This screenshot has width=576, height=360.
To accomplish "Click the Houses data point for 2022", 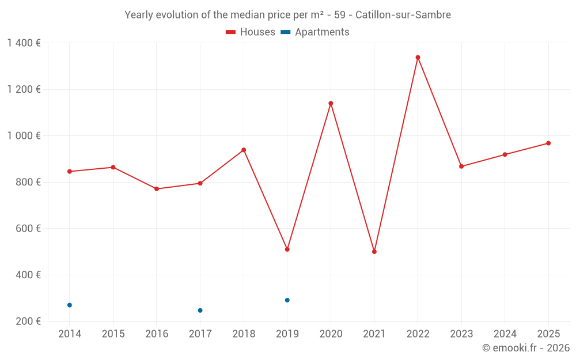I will pyautogui.click(x=418, y=58).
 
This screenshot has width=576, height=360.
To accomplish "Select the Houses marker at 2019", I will pyautogui.click(x=287, y=249).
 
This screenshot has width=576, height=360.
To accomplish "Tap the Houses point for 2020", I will pyautogui.click(x=331, y=104).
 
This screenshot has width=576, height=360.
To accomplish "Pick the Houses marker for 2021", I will pyautogui.click(x=374, y=252).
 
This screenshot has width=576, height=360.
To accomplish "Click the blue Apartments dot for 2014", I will pyautogui.click(x=70, y=305).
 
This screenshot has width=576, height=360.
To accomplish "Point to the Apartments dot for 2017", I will pyautogui.click(x=200, y=310).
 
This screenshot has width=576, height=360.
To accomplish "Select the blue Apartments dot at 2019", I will pyautogui.click(x=287, y=300).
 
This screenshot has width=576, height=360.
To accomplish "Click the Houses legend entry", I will pyautogui.click(x=250, y=32).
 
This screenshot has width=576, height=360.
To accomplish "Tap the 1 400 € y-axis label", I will pyautogui.click(x=24, y=43).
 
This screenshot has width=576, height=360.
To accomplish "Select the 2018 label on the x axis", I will pyautogui.click(x=244, y=334).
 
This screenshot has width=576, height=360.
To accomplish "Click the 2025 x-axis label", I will pyautogui.click(x=548, y=334).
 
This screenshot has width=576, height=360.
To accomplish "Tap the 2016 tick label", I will pyautogui.click(x=157, y=334).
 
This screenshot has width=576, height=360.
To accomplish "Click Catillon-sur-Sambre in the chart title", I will pyautogui.click(x=403, y=14).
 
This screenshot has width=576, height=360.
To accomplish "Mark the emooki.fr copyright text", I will pyautogui.click(x=525, y=348).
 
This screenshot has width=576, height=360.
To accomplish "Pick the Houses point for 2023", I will pyautogui.click(x=461, y=166).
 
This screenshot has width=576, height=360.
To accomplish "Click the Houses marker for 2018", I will pyautogui.click(x=244, y=150).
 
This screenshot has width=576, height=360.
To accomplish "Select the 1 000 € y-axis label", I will pyautogui.click(x=24, y=136).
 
